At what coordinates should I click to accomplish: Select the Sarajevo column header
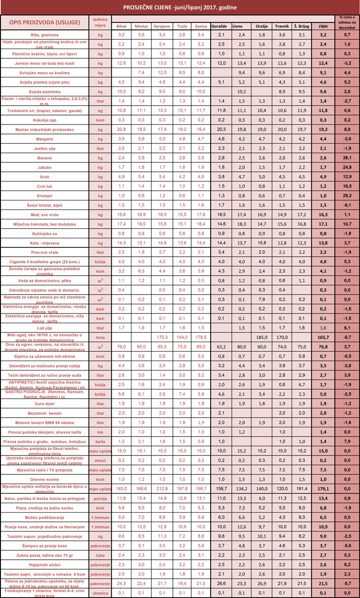click(x=162, y=26)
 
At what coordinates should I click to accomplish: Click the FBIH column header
click(x=323, y=26)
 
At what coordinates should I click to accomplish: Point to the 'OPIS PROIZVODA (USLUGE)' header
click(x=45, y=22)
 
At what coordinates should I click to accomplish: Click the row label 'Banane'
click(x=45, y=158)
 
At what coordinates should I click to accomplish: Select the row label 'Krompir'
click(x=45, y=196)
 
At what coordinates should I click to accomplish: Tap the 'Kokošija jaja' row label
click(x=45, y=120)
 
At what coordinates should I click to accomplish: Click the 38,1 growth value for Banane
click(x=347, y=158)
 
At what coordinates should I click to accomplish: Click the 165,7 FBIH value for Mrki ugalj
click(x=323, y=337)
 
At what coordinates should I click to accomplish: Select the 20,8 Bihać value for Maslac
click(x=121, y=129)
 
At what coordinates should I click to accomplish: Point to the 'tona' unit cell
click(x=100, y=337)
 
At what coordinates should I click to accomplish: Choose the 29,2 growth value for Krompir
click(x=347, y=196)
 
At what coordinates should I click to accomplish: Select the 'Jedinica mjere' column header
click(x=100, y=22)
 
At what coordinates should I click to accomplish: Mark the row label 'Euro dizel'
click(x=45, y=403)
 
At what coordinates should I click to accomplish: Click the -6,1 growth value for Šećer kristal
click(x=347, y=205)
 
